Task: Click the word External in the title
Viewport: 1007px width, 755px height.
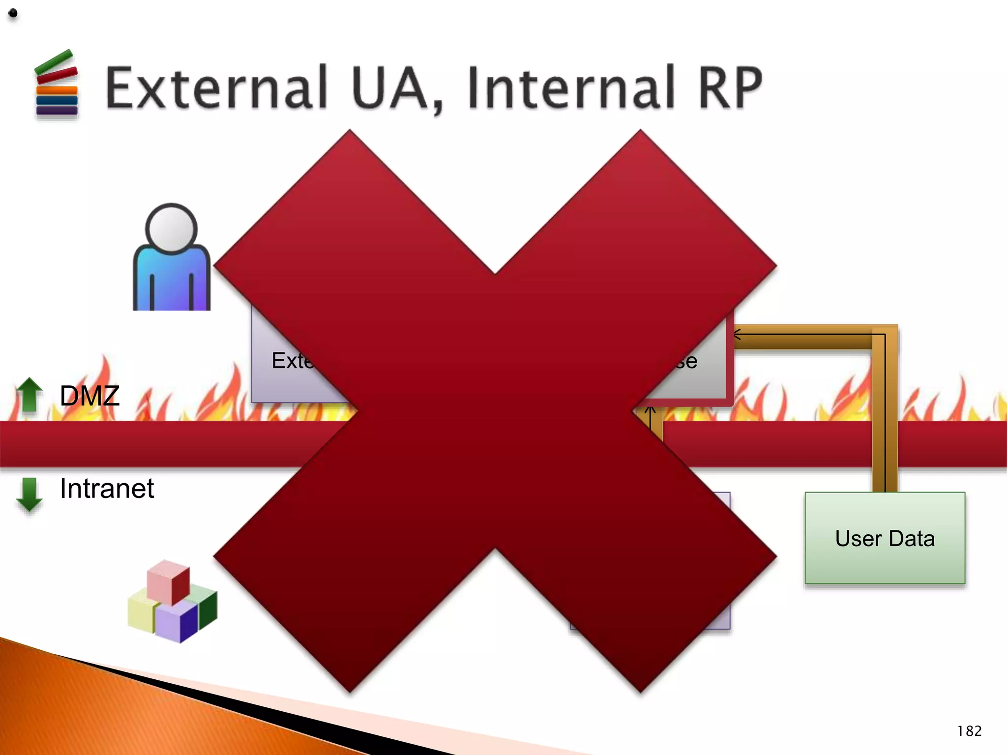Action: click(216, 88)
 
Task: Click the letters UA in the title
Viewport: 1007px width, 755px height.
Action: click(396, 88)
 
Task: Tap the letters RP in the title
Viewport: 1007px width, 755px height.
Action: click(730, 88)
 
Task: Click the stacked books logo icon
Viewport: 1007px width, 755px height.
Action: click(57, 85)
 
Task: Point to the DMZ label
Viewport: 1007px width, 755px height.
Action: click(89, 396)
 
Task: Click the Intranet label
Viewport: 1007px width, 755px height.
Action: click(107, 489)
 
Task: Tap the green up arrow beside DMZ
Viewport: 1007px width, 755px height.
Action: click(30, 394)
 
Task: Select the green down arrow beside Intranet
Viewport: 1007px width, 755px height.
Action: click(30, 494)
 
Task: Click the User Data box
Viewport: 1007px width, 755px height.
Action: click(885, 538)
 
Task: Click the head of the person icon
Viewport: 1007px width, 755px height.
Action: click(171, 229)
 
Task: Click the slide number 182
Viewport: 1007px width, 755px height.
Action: click(969, 731)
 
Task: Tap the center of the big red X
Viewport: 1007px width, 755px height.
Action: click(495, 411)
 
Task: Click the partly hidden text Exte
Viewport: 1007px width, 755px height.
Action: click(292, 361)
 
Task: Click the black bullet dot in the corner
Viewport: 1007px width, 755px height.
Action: click(13, 13)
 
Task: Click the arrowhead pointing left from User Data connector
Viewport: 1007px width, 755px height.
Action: click(737, 335)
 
